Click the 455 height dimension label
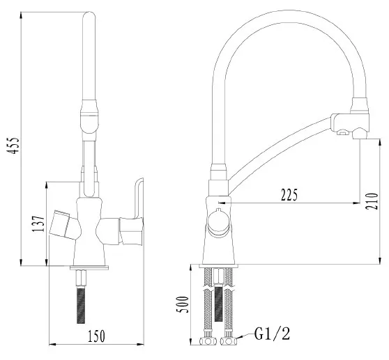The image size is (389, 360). [x=14, y=146]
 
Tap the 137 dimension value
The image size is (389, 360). [x=38, y=224]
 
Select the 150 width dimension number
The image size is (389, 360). [x=96, y=336]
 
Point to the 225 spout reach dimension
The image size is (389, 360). [x=289, y=195]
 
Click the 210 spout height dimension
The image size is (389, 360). [x=372, y=201]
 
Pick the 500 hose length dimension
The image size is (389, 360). [x=183, y=304]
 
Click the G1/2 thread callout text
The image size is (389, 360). [x=272, y=334]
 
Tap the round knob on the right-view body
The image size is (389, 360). [x=218, y=224]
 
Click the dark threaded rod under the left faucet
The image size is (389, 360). [x=81, y=305]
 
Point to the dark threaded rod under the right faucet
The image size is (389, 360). [x=219, y=304]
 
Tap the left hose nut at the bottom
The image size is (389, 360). [x=208, y=341]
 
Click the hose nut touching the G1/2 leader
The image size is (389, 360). [x=229, y=341]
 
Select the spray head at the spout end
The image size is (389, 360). [x=350, y=119]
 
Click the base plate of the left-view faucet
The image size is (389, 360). [x=89, y=267]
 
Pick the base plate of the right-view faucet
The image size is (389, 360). [x=219, y=266]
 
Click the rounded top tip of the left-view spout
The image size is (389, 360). [x=89, y=13]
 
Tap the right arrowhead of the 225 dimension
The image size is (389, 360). [x=357, y=203]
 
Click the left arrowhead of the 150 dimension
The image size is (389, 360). [x=52, y=344]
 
